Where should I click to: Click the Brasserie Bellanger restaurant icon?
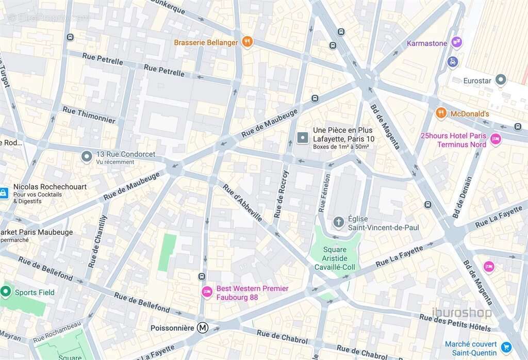[247, 42]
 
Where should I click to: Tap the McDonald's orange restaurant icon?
[441, 113]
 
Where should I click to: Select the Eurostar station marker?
[500, 80]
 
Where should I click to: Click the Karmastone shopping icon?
[456, 42]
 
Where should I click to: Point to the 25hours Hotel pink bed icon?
[496, 139]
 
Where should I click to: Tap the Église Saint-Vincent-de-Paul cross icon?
[338, 222]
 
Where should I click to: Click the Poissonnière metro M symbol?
[203, 328]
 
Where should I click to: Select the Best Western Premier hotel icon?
[207, 292]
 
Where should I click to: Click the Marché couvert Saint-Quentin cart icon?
[506, 347]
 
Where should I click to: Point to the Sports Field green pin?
[6, 291]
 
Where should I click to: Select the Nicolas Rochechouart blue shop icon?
[4, 193]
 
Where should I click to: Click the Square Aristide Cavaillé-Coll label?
[335, 258]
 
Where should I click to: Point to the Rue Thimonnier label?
[89, 114]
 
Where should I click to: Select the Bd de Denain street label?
[462, 198]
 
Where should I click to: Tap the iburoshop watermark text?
[461, 313]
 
